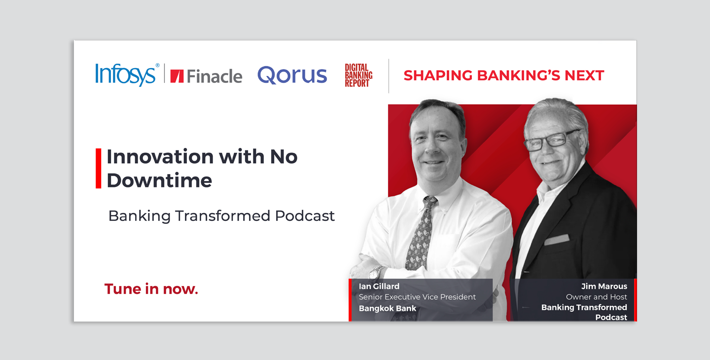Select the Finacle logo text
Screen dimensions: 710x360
pyautogui.click(x=214, y=76)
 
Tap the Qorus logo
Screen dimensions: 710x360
pyautogui.click(x=292, y=75)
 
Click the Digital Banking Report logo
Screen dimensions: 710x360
pyautogui.click(x=358, y=75)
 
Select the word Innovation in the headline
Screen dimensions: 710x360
pyautogui.click(x=160, y=156)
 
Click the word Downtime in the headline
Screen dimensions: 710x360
pyautogui.click(x=159, y=180)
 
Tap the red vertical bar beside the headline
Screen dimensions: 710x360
pyautogui.click(x=99, y=168)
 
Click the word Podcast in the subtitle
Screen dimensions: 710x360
pyautogui.click(x=305, y=216)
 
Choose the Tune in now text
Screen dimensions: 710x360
pyautogui.click(x=151, y=289)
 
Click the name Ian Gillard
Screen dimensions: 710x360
pyautogui.click(x=379, y=286)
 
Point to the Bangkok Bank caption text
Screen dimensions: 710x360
pyautogui.click(x=388, y=308)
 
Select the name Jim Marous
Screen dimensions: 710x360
pyautogui.click(x=604, y=286)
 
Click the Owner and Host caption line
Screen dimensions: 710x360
pyautogui.click(x=597, y=297)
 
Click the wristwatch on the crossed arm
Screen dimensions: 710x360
pyautogui.click(x=376, y=273)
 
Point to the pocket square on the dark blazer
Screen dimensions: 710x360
pyautogui.click(x=557, y=240)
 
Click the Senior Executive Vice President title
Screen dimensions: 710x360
pyautogui.click(x=417, y=297)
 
